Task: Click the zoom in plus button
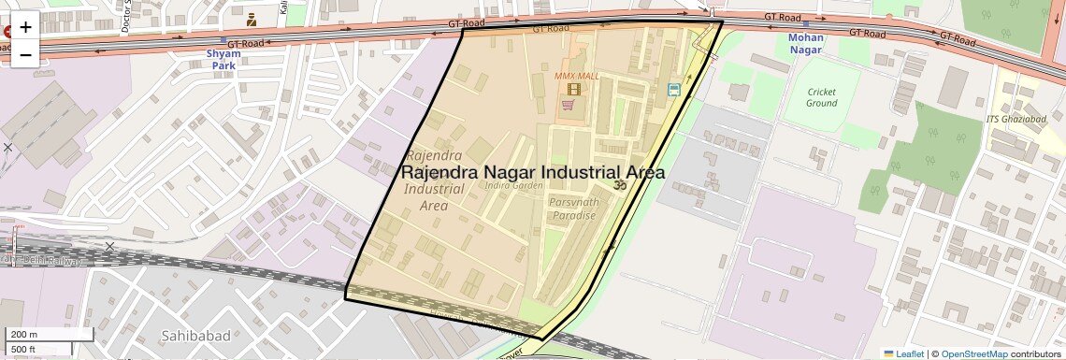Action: coord(25,27)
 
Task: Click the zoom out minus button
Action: coord(25,54)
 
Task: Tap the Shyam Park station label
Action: coord(223,60)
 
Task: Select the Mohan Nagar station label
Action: coord(805,44)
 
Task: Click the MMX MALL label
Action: coord(576,75)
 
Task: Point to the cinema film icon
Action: coord(573,90)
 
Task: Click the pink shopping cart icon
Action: coord(567,106)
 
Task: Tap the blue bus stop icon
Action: coord(673,90)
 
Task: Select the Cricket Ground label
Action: coord(821,97)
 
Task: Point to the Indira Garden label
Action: coord(514,185)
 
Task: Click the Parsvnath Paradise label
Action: coord(572,209)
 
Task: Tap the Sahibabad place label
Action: coord(194,335)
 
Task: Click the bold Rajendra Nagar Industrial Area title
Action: coord(533,173)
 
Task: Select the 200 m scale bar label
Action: coord(24,335)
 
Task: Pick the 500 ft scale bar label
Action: coord(24,350)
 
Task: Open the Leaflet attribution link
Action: coord(903,353)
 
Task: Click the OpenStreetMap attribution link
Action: coord(974,353)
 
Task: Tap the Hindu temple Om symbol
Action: coord(617,186)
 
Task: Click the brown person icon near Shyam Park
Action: coord(252,19)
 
